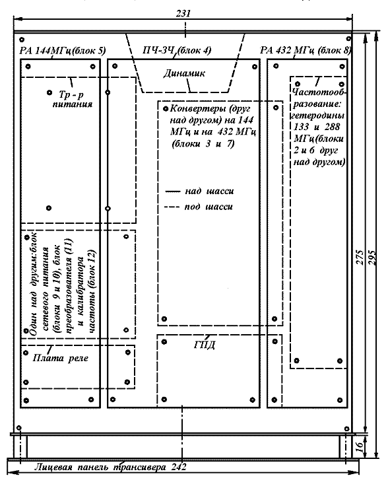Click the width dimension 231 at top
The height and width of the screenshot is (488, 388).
click(183, 14)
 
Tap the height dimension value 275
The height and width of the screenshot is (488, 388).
click(360, 257)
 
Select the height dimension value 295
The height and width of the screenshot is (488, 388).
click(372, 258)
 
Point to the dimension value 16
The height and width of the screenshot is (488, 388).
click(359, 446)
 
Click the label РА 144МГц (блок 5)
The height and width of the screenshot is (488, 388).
click(63, 50)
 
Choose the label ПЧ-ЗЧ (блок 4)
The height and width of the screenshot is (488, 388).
click(177, 50)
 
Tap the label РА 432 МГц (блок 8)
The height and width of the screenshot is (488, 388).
click(306, 50)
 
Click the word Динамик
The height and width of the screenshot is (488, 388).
click(184, 73)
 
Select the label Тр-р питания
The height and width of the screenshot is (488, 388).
click(72, 99)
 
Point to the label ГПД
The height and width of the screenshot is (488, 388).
click(205, 345)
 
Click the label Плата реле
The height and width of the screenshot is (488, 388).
click(61, 358)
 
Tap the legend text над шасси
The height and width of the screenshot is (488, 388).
click(209, 191)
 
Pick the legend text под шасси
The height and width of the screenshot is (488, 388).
click(209, 207)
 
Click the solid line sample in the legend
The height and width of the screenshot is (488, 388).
click(173, 192)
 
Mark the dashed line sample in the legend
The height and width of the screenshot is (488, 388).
click(172, 207)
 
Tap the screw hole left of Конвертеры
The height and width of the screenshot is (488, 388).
click(166, 108)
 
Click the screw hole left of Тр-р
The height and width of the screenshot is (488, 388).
click(49, 92)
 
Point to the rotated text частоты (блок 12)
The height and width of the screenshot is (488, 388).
click(92, 292)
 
